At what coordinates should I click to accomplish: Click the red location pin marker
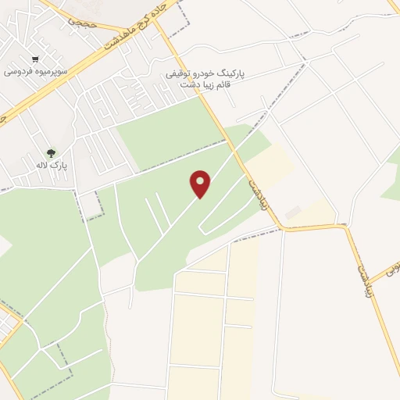click(x=201, y=184)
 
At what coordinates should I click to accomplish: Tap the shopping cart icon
click(x=35, y=59)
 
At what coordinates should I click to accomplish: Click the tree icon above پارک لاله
click(x=51, y=153)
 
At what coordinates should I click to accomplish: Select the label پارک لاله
click(x=55, y=166)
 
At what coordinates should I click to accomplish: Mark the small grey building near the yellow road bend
click(x=292, y=213)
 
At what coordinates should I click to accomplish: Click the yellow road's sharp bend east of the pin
click(x=283, y=228)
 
